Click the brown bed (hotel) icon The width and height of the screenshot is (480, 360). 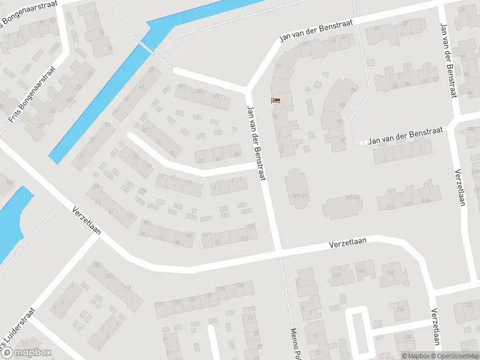[276, 100]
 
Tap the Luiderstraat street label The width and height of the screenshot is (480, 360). [18, 333]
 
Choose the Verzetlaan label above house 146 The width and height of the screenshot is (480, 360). [348, 244]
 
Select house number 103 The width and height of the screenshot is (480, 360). [250, 226]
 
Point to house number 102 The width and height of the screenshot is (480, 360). [96, 265]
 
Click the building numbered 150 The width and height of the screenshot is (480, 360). [390, 273]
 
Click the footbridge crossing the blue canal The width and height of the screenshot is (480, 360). [145, 46]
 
